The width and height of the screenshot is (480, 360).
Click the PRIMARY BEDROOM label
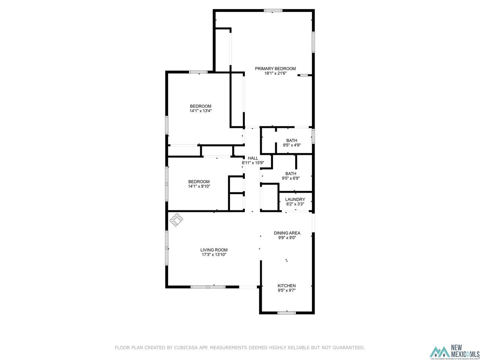pyautogui.click(x=275, y=68)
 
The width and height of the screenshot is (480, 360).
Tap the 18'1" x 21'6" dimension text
pyautogui.click(x=275, y=73)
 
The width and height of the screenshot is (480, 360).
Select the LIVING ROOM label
pyautogui.click(x=214, y=250)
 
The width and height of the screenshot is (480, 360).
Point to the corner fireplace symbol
pyautogui.click(x=176, y=219)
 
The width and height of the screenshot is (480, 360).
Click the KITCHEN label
pyautogui.click(x=286, y=285)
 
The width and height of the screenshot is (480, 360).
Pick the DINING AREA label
pyautogui.click(x=287, y=233)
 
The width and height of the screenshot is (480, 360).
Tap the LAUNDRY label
pyautogui.click(x=295, y=199)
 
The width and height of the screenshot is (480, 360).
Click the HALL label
pyautogui.click(x=253, y=158)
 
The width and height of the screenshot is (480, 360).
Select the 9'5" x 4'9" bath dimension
pyautogui.click(x=291, y=145)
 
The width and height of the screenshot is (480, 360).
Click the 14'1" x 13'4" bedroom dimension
pyautogui.click(x=200, y=111)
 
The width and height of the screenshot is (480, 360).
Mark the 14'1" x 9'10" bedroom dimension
pyautogui.click(x=199, y=186)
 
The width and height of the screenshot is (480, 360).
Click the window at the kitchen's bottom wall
pyautogui.click(x=286, y=313)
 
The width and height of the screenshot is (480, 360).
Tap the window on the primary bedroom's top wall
pyautogui.click(x=273, y=10)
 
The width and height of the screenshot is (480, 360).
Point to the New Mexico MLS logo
pyautogui.click(x=454, y=352)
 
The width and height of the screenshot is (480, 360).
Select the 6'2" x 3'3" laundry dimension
pyautogui.click(x=295, y=204)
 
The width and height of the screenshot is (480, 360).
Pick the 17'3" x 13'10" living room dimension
pyautogui.click(x=214, y=255)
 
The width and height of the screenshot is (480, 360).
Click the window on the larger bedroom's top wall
pyautogui.click(x=198, y=72)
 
